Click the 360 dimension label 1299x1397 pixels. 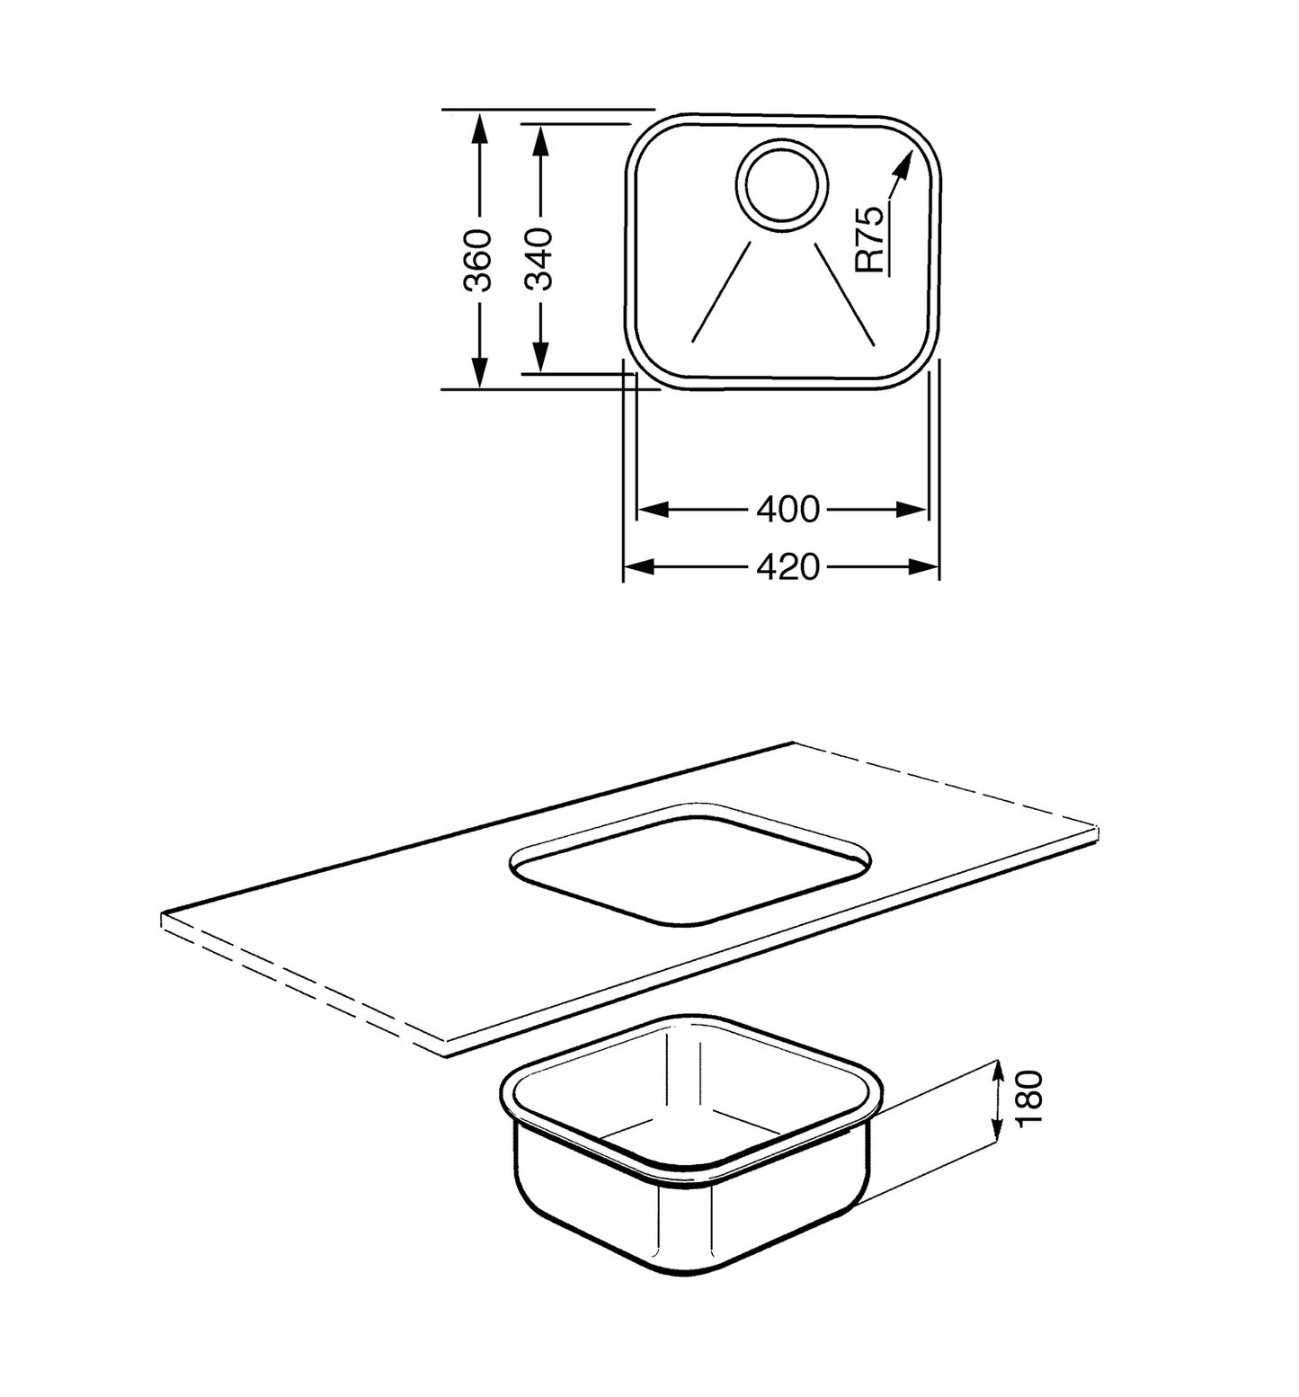(x=479, y=259)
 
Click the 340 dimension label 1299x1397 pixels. (x=538, y=259)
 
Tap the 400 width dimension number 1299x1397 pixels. (x=788, y=510)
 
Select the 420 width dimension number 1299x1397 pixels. (x=788, y=567)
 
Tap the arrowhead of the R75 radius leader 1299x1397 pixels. (x=900, y=164)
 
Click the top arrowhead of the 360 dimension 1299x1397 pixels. (x=479, y=128)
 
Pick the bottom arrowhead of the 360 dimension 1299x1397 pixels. (x=479, y=371)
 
